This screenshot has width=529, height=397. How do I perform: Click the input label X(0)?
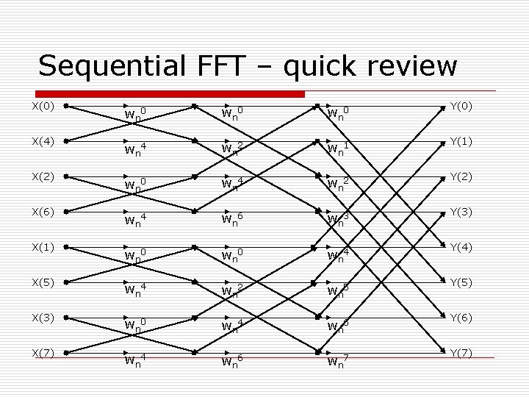[x=42, y=106]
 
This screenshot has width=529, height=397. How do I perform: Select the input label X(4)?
[x=42, y=141]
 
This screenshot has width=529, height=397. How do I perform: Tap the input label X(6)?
[x=42, y=212]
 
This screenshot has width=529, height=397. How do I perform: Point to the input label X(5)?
[x=42, y=282]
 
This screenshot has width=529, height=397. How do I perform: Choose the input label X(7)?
[x=42, y=353]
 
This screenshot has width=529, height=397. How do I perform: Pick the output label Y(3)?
[x=462, y=212]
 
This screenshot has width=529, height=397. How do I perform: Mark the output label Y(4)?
[x=462, y=247]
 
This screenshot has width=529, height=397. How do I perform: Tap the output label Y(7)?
[x=462, y=353]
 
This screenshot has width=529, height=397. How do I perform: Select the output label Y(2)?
[x=462, y=176]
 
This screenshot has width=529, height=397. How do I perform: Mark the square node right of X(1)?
[x=66, y=247]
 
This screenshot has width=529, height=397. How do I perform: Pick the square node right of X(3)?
[x=66, y=318]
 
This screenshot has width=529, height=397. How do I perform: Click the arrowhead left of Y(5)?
[x=442, y=282]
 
